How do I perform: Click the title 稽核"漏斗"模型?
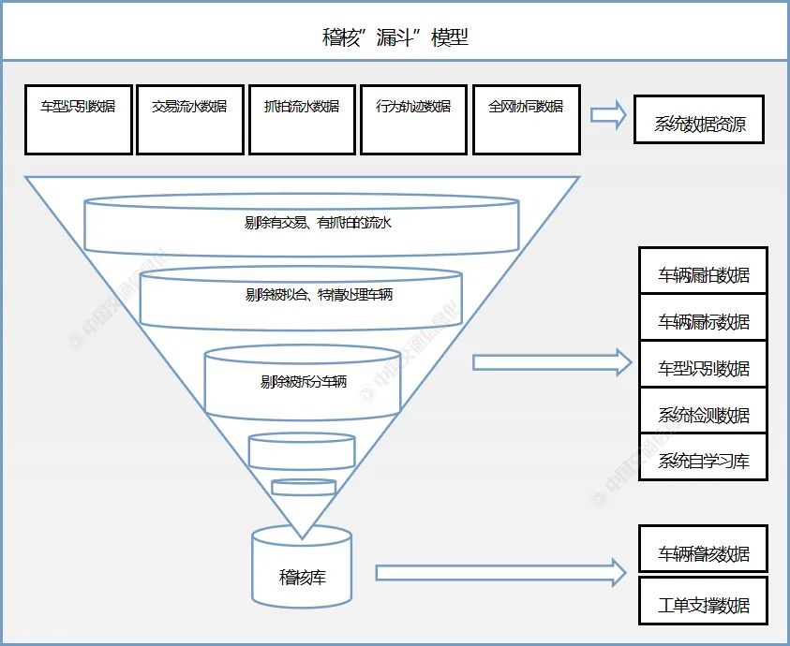tap(395, 37)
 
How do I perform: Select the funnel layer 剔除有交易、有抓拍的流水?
tap(301, 224)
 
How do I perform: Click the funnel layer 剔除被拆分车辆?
tap(303, 382)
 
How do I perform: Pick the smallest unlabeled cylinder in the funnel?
tap(304, 487)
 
